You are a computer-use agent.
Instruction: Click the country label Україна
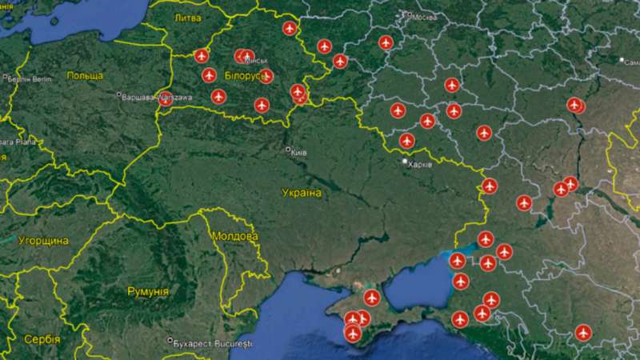coord(302,193)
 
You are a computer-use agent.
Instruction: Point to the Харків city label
coord(420,163)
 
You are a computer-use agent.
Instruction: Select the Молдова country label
coord(235,237)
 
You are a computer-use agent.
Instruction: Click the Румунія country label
coord(148,292)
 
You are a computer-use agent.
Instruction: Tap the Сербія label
coord(42,339)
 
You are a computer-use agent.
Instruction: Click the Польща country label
coord(85,75)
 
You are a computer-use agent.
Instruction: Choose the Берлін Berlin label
coord(30,78)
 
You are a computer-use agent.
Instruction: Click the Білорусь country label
coord(243,74)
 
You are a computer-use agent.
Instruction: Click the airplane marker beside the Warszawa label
coord(166,99)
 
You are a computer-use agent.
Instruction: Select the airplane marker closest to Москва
coord(386,42)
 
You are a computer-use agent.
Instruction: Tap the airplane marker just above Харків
coord(407,141)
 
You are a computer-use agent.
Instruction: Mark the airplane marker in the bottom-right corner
coord(582,331)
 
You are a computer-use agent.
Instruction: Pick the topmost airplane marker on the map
coord(290,29)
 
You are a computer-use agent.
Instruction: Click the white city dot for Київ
coord(289,150)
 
